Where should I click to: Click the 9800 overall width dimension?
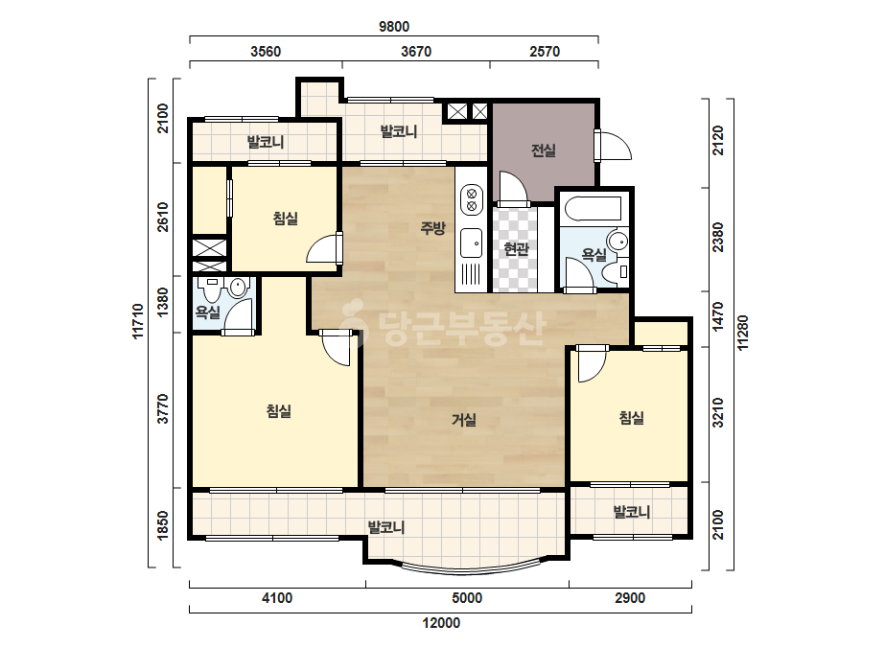coord(394,27)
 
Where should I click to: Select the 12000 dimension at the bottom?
coord(441,623)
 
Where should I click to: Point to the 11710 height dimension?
coord(138,322)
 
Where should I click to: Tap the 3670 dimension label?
coord(416,52)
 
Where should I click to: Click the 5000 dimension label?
coord(467,598)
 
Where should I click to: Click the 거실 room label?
coord(464,420)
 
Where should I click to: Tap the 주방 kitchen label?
coord(432,228)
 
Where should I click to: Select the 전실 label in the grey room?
coord(544,150)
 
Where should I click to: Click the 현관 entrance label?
coord(516,249)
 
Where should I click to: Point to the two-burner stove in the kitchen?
coord(472,200)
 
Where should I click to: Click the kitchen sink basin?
coord(472,243)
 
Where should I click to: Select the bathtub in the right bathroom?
coord(593,208)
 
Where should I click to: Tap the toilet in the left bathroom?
coord(213,289)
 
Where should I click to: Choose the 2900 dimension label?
coord(629,598)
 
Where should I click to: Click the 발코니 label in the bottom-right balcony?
coord(632,512)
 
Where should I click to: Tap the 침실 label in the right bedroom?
coord(632,418)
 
